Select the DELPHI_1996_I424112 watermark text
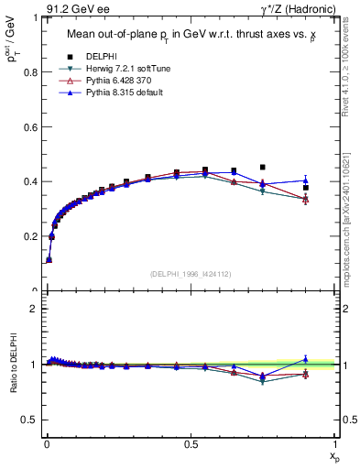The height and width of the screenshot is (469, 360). coord(191,274)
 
